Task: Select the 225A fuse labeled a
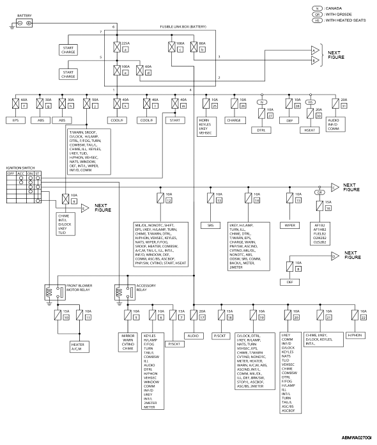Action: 116,46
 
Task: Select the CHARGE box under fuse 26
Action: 235,119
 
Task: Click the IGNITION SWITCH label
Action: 20,166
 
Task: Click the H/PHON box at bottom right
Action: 355,334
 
